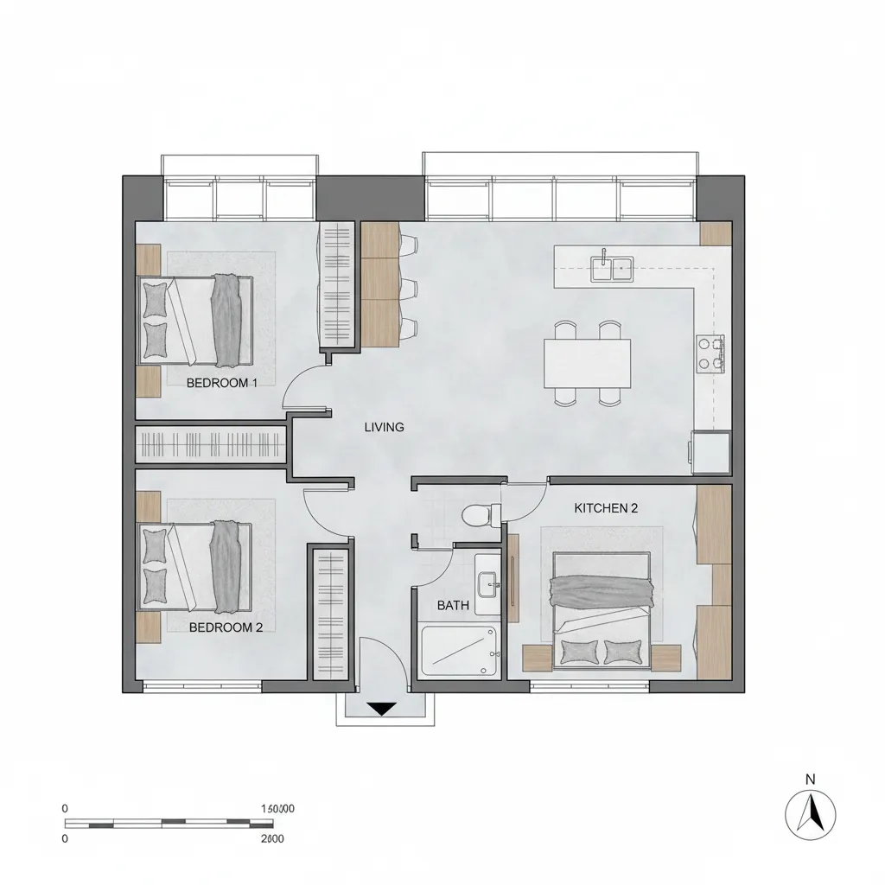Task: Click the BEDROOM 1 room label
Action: (x=222, y=383)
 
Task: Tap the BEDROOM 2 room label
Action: (x=226, y=627)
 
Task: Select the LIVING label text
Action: (x=384, y=427)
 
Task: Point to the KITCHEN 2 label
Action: (x=606, y=508)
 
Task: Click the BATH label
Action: (x=453, y=605)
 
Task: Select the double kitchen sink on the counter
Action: (x=612, y=268)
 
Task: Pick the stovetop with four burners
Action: (x=710, y=353)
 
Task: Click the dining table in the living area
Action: (x=587, y=363)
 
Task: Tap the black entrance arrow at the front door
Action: (x=381, y=709)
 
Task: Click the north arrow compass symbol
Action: (x=811, y=814)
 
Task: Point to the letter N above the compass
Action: (x=810, y=779)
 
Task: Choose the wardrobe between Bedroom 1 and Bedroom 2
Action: (x=211, y=445)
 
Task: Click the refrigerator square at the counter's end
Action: (x=709, y=452)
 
